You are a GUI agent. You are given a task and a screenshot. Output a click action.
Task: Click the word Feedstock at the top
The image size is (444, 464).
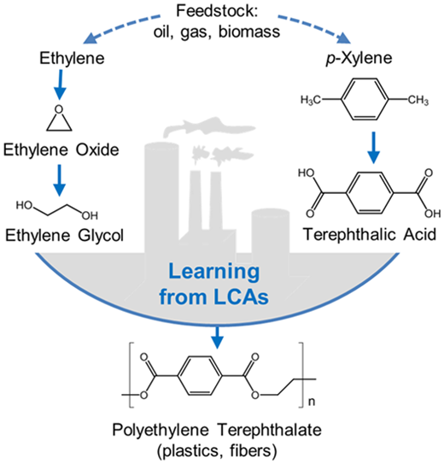pos(217,11)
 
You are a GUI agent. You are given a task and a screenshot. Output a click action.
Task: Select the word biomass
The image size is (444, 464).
pos(249,32)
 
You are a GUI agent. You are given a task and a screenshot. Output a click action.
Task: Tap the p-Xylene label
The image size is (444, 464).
pos(359,59)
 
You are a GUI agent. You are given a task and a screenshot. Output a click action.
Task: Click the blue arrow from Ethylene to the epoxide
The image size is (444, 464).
pos(60,85)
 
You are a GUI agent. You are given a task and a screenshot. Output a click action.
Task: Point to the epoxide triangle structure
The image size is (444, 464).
pos(59,119)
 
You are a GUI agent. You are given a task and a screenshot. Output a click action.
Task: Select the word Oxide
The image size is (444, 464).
pos(97,150)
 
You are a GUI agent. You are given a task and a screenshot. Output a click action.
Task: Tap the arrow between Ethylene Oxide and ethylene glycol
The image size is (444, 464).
pos(60,180)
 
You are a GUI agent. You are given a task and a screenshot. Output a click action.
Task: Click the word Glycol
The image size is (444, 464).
pos(101,236)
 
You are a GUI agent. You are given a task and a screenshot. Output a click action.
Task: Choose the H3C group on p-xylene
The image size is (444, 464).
pos(311,100)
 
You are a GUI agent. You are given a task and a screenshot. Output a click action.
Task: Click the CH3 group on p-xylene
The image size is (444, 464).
pos(418,100)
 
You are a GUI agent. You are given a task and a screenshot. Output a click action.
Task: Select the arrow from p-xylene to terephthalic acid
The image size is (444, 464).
pos(374,147)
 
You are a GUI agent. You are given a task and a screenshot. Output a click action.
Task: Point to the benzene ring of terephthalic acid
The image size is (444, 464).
pos(370,193)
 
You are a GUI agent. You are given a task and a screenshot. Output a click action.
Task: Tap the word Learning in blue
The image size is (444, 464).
pos(214,272)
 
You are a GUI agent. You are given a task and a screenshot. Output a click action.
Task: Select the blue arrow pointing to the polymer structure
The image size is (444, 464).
pos(217,338)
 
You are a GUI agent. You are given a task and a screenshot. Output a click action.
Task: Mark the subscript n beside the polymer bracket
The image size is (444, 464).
pos(312,402)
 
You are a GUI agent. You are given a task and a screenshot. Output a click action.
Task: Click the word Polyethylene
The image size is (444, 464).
pos(161,431)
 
